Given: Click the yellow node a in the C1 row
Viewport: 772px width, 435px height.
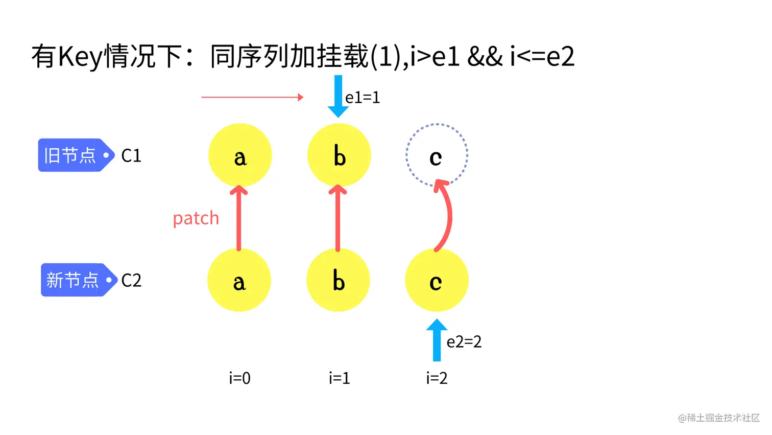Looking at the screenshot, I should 240,155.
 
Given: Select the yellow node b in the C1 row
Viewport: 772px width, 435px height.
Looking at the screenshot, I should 339,155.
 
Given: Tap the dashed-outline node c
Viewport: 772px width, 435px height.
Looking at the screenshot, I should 437,155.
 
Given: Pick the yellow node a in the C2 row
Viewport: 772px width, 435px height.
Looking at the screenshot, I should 239,280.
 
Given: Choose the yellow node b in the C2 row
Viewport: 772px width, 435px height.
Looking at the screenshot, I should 338,280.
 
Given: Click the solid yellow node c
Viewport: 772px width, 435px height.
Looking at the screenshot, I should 437,280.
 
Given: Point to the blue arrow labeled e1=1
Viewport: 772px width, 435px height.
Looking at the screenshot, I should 338,96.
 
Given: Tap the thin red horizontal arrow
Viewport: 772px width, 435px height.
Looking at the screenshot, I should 252,97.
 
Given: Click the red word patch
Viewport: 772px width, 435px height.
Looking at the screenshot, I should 196,218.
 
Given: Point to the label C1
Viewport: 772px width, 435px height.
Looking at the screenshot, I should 131,155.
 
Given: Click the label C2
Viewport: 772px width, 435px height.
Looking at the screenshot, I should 131,280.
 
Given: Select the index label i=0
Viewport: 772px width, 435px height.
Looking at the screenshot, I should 239,378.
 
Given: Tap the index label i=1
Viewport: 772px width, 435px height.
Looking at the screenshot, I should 339,378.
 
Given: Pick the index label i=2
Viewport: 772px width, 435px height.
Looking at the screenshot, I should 437,378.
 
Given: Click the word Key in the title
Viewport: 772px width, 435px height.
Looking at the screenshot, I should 80,56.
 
